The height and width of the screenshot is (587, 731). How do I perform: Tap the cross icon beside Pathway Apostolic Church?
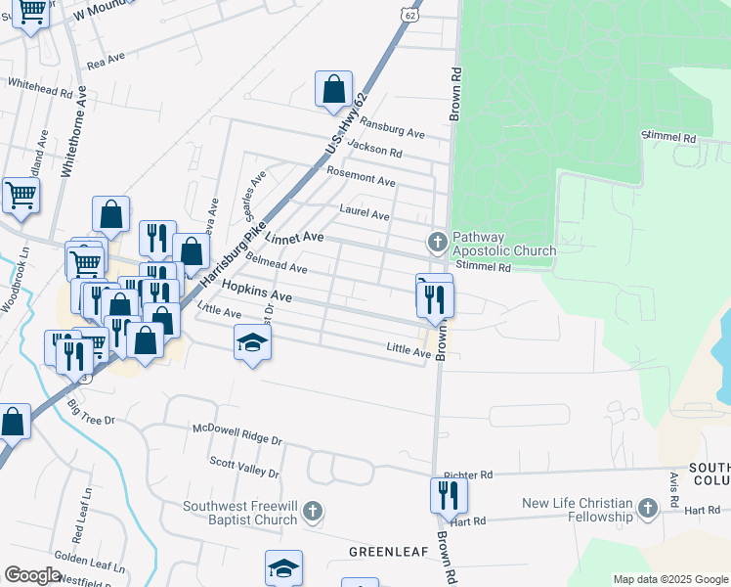438,241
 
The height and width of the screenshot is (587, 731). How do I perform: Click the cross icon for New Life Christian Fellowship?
647,508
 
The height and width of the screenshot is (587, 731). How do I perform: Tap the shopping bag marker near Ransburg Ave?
333,89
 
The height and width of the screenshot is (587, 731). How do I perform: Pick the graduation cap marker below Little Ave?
252,343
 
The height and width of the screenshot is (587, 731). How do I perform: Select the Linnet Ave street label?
294,238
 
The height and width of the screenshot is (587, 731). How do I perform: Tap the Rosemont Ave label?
361,176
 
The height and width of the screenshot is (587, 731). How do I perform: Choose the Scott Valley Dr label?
244,466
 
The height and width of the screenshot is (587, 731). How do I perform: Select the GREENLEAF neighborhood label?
389,553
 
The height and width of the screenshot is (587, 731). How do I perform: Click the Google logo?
32,575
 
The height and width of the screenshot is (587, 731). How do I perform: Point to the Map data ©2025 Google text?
669,579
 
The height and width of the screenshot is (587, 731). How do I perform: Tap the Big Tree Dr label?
92,411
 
